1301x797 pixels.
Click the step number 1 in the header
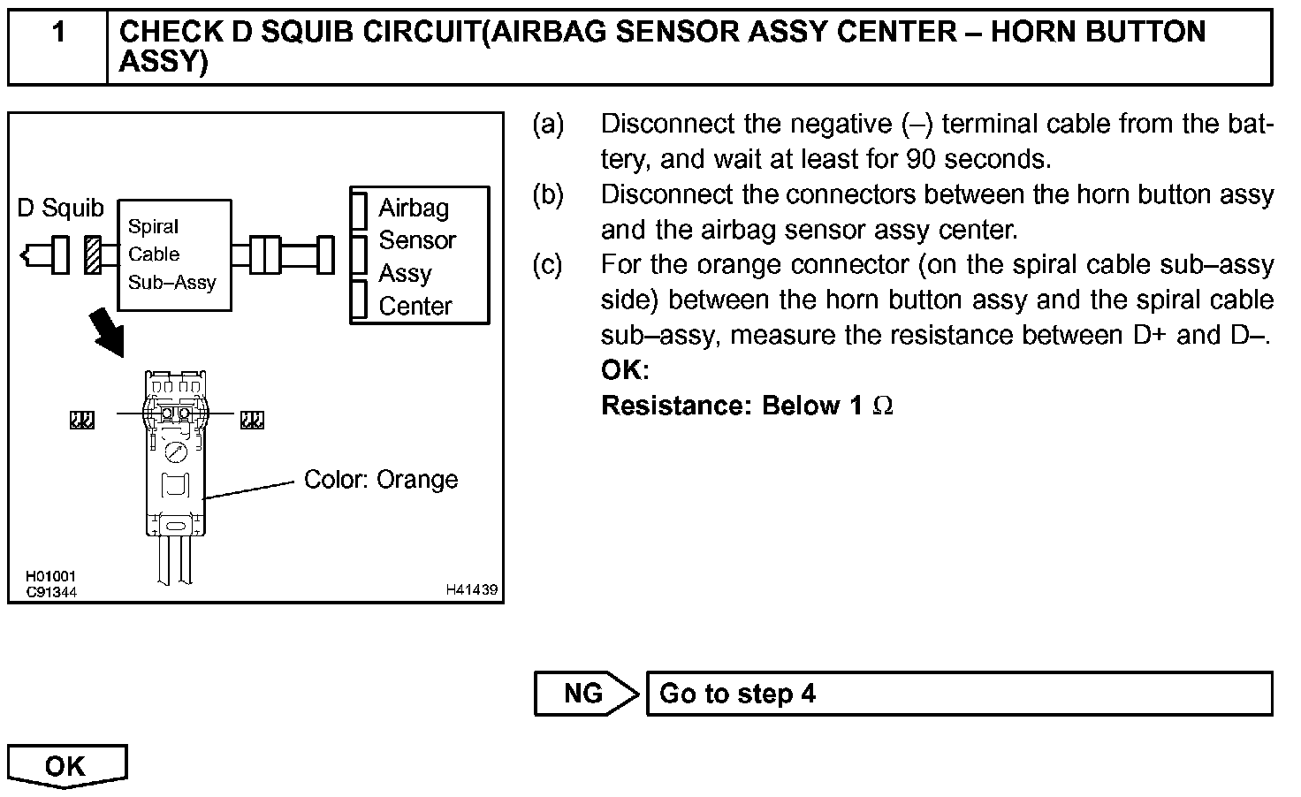coord(58,33)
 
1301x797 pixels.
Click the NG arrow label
coord(583,694)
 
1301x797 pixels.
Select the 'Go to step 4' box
coord(959,694)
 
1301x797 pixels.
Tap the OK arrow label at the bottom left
coord(66,765)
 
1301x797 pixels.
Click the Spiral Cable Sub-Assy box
coord(174,254)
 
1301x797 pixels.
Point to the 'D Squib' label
coord(60,209)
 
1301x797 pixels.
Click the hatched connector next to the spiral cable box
coord(93,254)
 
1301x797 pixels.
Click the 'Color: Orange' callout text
coord(381,480)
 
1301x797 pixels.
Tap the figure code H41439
coord(471,589)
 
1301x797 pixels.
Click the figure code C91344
coord(50,592)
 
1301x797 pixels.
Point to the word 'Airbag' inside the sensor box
coord(414,209)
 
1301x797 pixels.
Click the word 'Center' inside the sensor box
coord(415,306)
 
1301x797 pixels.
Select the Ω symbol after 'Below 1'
coord(882,406)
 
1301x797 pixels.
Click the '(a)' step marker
coord(548,124)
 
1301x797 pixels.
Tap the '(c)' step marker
coord(548,264)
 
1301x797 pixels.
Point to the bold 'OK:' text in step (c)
coord(625,370)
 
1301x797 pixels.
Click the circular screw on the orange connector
coord(175,452)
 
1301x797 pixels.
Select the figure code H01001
coord(50,577)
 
